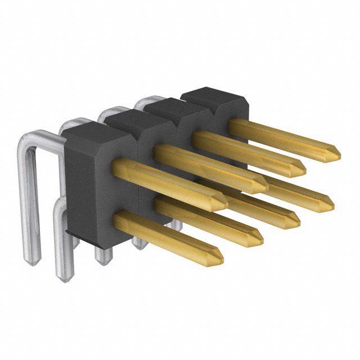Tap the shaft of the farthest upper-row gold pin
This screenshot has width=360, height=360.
(281, 135)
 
